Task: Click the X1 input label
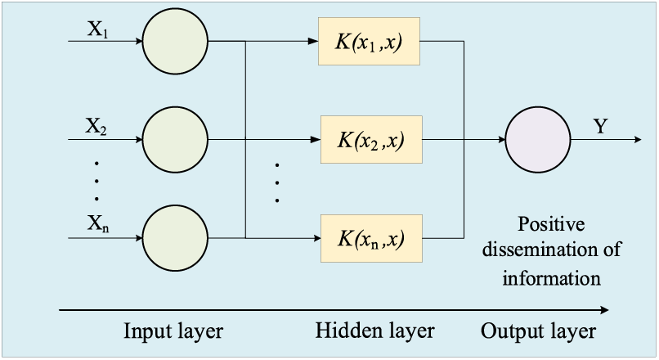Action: pos(97,29)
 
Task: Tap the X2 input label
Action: pos(96,126)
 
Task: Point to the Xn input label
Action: pos(98,223)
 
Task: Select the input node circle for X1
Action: pos(175,41)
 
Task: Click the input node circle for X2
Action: pos(175,140)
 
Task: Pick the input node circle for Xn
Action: pos(175,238)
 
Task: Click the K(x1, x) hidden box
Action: pos(369,41)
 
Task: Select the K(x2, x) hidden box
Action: pos(371,140)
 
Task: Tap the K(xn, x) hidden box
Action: pos(371,238)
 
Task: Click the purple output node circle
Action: pos(538,140)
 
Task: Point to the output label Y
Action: pos(601,126)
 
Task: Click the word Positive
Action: pos(551,223)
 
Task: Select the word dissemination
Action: pos(540,250)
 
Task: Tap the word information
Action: pos(551,278)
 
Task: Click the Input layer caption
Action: pos(173,331)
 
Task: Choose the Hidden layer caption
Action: pos(375,331)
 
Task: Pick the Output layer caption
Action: pos(538,331)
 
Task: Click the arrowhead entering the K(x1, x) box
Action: pos(313,41)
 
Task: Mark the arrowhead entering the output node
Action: pos(501,140)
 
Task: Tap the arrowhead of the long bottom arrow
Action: pos(604,310)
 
